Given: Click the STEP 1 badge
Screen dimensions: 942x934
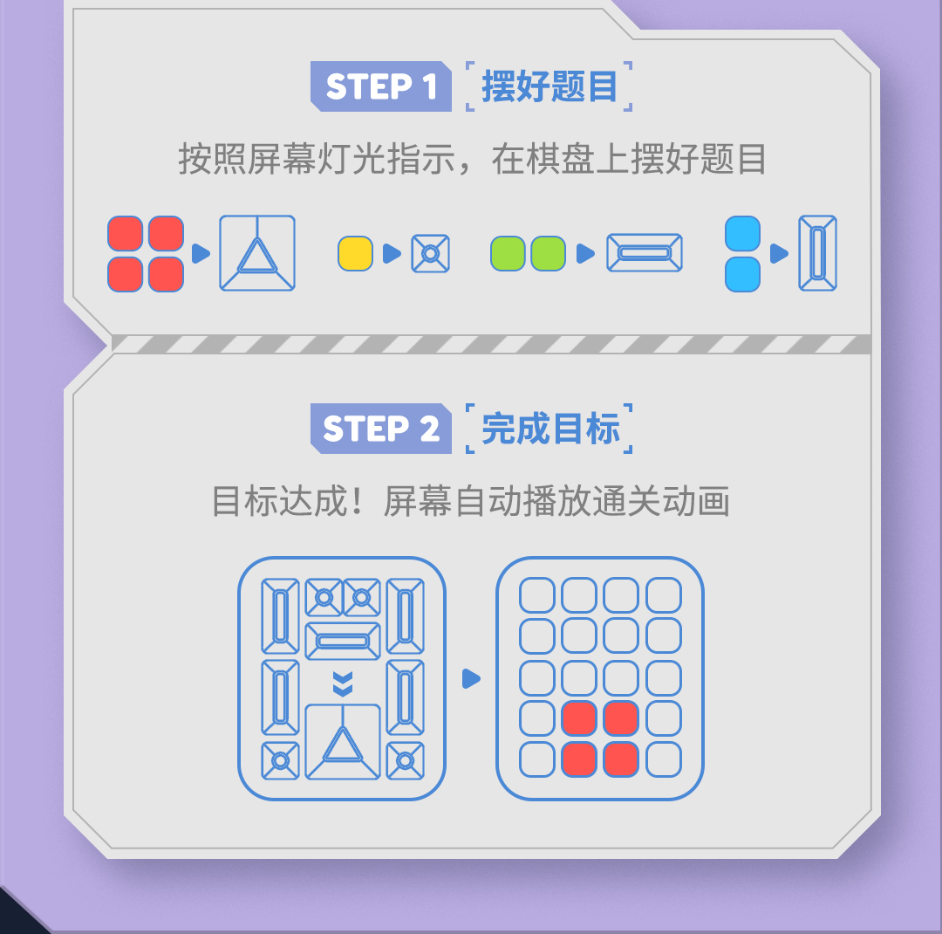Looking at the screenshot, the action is (381, 87).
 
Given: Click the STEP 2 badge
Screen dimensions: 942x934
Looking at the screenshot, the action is (381, 429).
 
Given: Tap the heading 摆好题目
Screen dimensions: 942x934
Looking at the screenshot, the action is (549, 87).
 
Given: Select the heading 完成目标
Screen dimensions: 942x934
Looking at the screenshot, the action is (549, 429).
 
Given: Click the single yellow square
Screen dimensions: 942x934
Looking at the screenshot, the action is (355, 253).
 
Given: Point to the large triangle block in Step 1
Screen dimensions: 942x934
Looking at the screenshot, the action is (257, 253).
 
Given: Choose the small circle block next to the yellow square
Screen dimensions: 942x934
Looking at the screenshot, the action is (430, 253).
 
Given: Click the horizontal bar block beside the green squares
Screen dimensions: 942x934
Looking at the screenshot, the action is (645, 253).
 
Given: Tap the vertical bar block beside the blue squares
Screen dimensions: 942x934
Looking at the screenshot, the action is (817, 253).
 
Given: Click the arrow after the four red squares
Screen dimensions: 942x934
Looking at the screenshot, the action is (201, 253).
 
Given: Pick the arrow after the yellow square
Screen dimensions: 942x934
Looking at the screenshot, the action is (392, 253).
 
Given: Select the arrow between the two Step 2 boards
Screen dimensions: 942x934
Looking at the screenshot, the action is (471, 678).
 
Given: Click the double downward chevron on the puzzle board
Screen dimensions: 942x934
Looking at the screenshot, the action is (343, 683).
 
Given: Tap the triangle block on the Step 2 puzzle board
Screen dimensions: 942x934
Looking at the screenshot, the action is (343, 742).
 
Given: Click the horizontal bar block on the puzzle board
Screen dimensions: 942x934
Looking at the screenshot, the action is (343, 641).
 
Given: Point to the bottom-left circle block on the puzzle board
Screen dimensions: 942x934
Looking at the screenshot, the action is (280, 760).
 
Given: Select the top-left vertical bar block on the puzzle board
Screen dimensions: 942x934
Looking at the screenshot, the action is (280, 615).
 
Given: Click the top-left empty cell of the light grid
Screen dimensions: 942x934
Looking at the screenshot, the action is (536, 595).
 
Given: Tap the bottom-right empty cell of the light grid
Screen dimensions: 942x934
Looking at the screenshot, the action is (663, 759).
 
